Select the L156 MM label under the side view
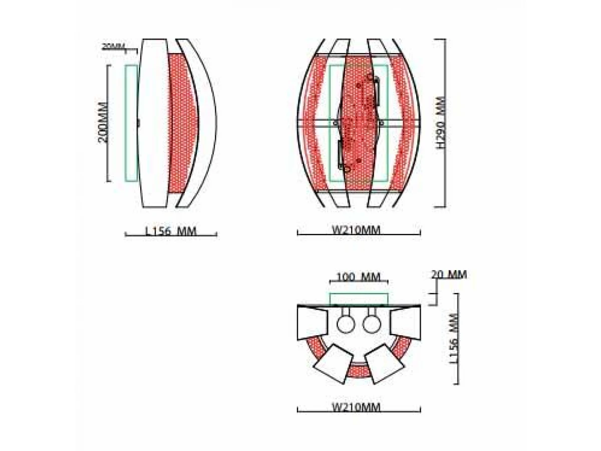[171, 232]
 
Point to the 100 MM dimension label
[358, 278]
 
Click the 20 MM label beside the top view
[449, 275]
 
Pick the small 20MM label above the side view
[113, 47]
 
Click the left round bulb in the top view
[346, 323]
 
